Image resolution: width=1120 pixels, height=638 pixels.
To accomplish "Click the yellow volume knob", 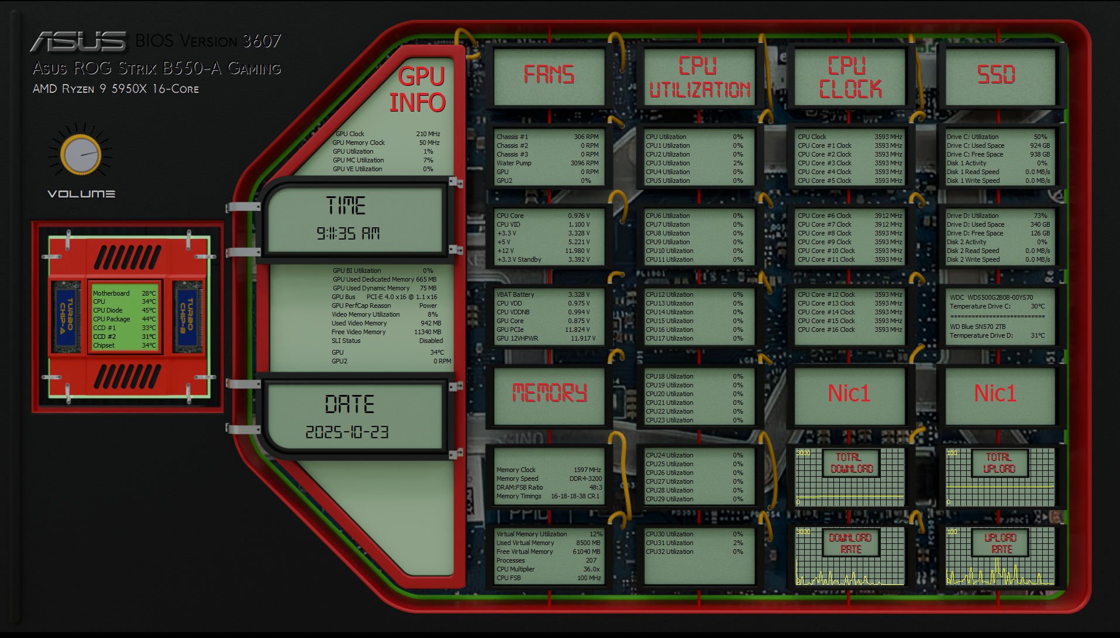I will tap(81, 155).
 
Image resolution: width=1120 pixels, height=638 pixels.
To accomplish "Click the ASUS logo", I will tap(78, 41).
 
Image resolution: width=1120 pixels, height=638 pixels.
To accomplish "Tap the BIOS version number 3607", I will tap(261, 41).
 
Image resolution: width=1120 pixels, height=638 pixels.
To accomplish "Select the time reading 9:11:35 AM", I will tap(348, 234).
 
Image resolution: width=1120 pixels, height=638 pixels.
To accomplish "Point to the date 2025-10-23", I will tap(347, 432).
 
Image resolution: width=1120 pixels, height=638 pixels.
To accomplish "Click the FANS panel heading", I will tap(549, 75).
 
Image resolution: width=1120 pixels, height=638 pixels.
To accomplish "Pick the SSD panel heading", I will tap(996, 75).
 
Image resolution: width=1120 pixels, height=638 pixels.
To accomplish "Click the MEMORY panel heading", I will tap(549, 393).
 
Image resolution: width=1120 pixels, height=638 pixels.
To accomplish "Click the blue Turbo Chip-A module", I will tap(67, 317).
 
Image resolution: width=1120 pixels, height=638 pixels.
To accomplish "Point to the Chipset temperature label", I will tap(104, 345).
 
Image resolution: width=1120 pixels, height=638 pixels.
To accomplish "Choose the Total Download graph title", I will tap(851, 463).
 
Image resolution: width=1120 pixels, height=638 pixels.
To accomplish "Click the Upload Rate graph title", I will tap(1001, 543).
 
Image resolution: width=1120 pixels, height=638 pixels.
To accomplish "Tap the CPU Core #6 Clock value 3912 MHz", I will tap(888, 216).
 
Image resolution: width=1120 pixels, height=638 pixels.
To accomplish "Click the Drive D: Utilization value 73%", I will tap(1040, 216).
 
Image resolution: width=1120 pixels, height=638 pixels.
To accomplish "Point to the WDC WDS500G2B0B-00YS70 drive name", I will tap(991, 297).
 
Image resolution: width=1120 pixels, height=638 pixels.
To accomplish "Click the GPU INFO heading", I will tap(418, 89).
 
